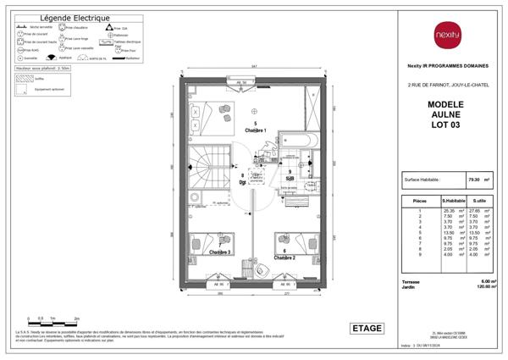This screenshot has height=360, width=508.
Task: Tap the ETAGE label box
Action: click(366, 328)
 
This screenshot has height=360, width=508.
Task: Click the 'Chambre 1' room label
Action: click(256, 130)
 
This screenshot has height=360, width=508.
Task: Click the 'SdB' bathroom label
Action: click(290, 179)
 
